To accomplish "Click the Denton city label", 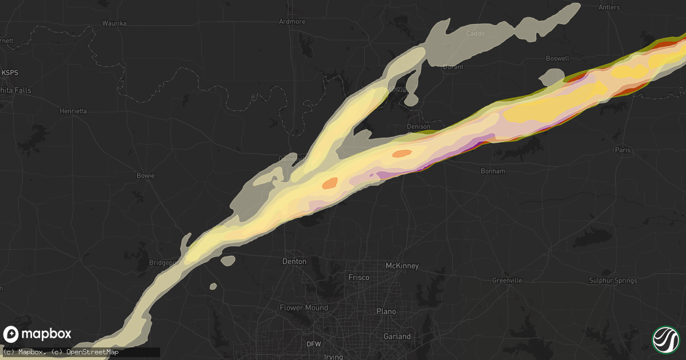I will tap(294, 261).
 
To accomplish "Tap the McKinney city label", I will tap(402, 266).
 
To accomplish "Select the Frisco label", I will tap(359, 277).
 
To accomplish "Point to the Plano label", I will tap(386, 311).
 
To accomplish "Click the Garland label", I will tap(397, 337).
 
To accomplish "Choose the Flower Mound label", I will tap(304, 307).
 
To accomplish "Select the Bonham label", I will tap(493, 171).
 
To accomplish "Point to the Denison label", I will tap(418, 126).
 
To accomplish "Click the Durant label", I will tap(453, 67).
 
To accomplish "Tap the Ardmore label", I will tap(292, 22).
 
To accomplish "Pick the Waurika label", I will tap(114, 23).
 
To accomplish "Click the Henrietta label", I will tap(73, 111).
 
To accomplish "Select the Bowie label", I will tap(145, 175).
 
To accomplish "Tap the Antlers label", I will tap(609, 7).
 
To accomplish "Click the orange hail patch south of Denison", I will tap(402, 153).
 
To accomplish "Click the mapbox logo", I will tap(37, 334).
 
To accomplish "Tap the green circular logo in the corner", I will tap(665, 339).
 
